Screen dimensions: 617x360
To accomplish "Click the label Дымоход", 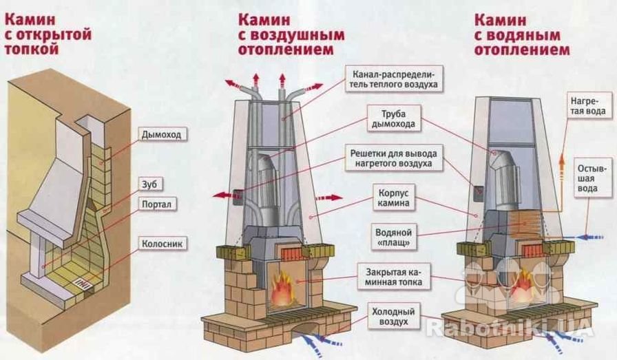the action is (x=162, y=135).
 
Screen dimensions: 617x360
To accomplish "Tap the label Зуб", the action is (x=150, y=184).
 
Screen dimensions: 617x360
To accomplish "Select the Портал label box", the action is (x=156, y=204).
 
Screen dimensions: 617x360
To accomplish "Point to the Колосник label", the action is (x=162, y=244).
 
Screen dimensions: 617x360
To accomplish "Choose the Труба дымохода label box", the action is (x=393, y=119).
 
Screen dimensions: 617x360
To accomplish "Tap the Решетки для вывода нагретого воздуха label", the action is (x=393, y=158).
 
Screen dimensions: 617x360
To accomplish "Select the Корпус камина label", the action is (x=393, y=198).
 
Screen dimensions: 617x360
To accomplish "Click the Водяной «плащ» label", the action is (x=393, y=237).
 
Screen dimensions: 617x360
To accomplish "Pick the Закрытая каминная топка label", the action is (x=393, y=277).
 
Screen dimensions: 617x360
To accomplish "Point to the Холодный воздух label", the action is (x=393, y=317).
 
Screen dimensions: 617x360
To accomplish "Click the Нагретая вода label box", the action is (x=588, y=106).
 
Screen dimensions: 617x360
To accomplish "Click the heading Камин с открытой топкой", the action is (x=48, y=34).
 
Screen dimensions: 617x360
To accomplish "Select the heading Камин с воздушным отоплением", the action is (x=291, y=34).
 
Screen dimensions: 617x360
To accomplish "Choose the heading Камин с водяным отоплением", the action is (x=522, y=34).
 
